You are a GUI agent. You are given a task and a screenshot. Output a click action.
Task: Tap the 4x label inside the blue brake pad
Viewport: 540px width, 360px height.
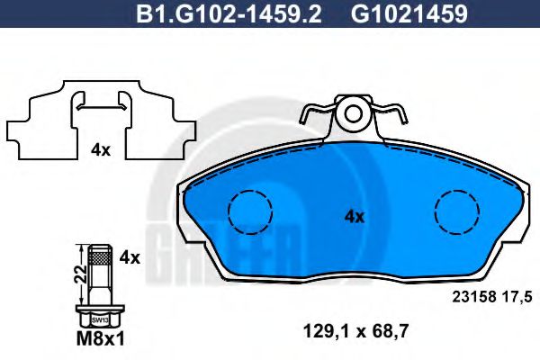pyautogui.click(x=354, y=216)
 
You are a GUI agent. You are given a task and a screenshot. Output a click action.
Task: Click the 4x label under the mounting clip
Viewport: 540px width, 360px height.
pyautogui.click(x=99, y=150)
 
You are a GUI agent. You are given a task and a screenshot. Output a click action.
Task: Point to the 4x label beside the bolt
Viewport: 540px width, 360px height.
pyautogui.click(x=130, y=257)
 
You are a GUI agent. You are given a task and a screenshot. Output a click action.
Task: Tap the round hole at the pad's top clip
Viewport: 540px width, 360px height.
pyautogui.click(x=354, y=114)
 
